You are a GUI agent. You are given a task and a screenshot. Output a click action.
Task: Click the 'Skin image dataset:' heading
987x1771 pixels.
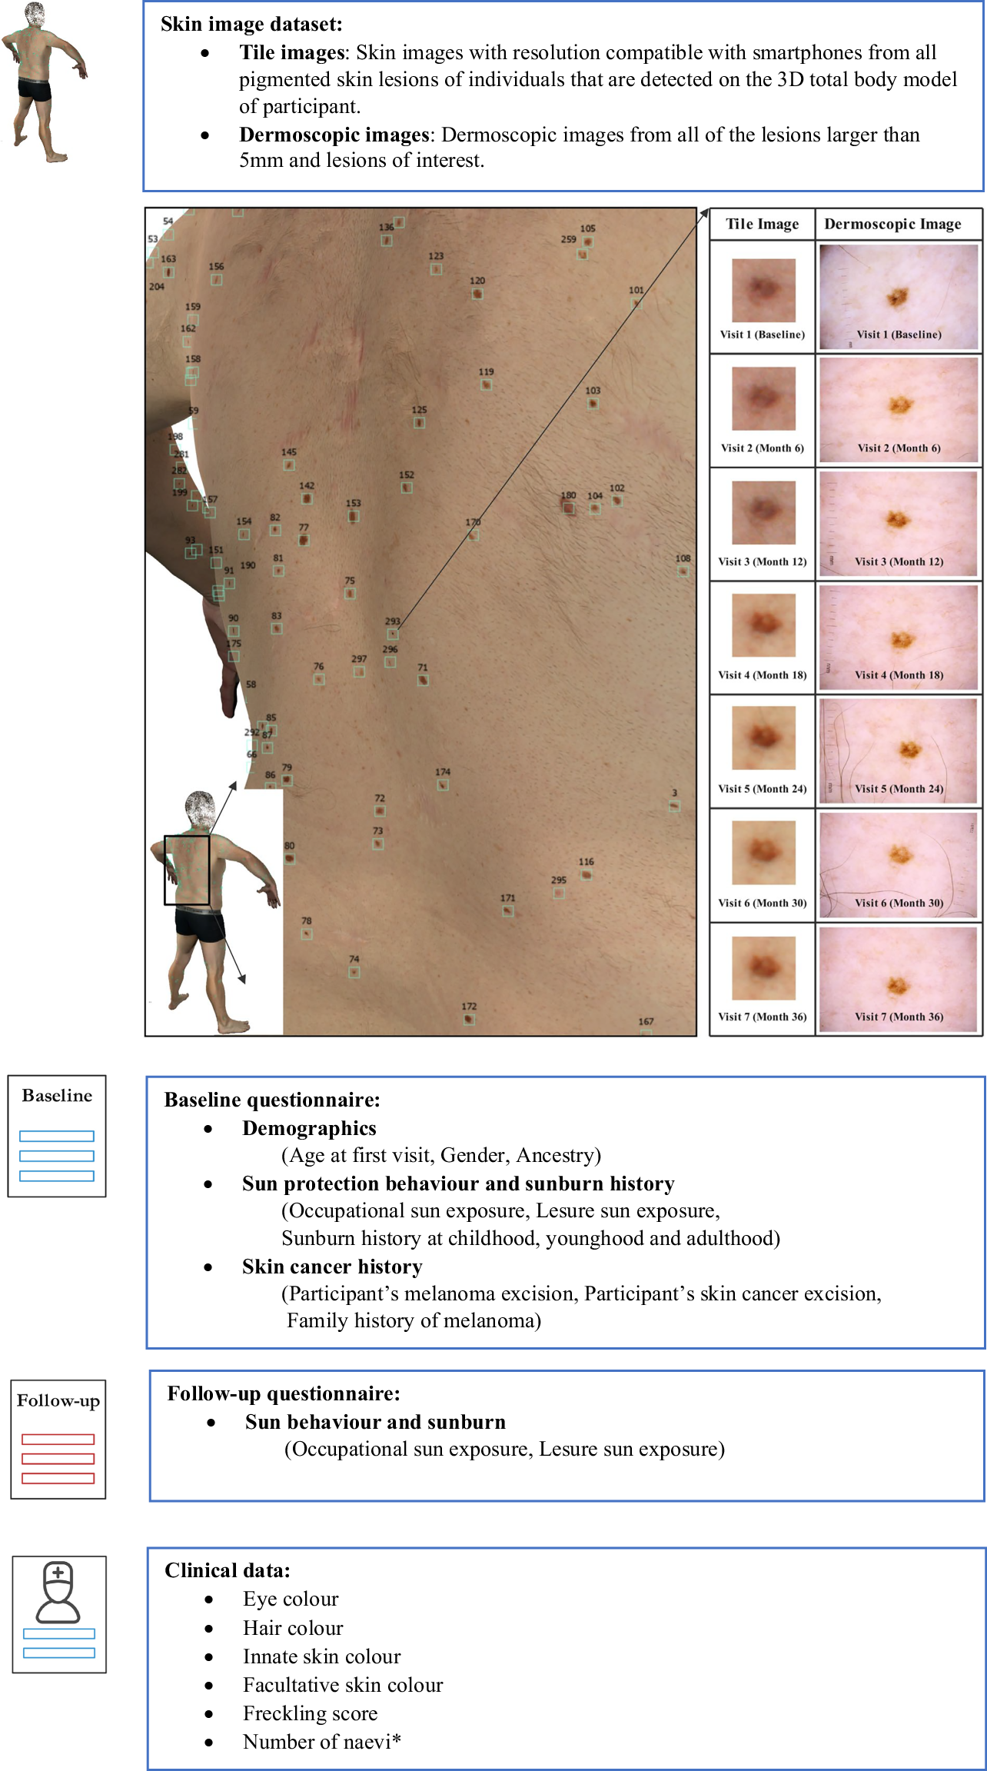(x=251, y=24)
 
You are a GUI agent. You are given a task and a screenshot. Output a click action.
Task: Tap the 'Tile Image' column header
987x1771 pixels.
(x=762, y=224)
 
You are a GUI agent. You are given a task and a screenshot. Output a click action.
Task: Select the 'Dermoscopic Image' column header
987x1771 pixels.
(x=892, y=224)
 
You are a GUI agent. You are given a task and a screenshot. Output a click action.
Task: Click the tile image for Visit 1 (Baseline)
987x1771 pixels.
(x=763, y=290)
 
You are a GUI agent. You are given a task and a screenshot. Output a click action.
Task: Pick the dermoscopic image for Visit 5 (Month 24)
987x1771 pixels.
(x=899, y=751)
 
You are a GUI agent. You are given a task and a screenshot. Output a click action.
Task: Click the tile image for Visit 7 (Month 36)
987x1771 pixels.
(x=763, y=967)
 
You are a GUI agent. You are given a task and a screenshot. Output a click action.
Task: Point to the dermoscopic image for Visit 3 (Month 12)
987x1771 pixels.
(x=899, y=523)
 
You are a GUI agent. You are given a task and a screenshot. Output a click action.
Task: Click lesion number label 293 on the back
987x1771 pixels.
(x=393, y=621)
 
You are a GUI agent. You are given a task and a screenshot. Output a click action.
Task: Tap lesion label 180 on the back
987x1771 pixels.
(x=568, y=496)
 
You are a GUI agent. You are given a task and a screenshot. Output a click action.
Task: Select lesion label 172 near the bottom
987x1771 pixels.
(x=469, y=1007)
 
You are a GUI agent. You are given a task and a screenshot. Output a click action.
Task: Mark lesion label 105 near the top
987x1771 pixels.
(x=587, y=228)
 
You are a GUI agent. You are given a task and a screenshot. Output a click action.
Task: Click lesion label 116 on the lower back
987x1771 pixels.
(x=586, y=862)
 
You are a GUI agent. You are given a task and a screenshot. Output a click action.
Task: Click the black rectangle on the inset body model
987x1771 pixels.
(x=187, y=870)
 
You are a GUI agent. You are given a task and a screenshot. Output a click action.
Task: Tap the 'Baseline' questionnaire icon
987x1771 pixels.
(x=57, y=1135)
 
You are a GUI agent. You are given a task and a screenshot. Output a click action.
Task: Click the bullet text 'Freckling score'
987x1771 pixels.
(x=310, y=1713)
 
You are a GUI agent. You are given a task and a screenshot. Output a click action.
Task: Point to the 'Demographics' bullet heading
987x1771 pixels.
(x=309, y=1128)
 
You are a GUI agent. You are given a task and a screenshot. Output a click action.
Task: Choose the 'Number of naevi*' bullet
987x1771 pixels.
(x=321, y=1742)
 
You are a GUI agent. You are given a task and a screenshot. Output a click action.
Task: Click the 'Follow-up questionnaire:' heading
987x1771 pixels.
(x=284, y=1393)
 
